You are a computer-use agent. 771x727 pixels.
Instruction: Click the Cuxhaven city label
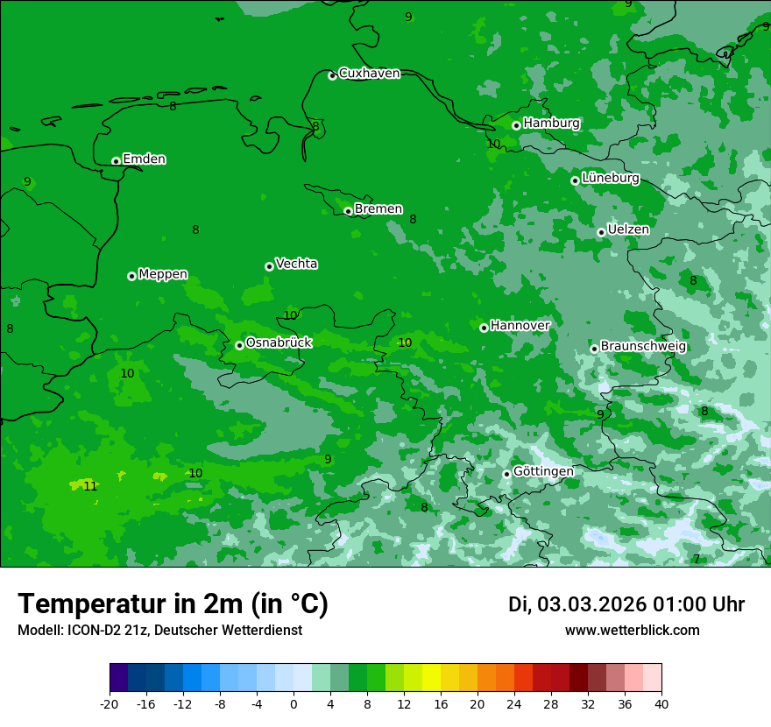tap(369, 74)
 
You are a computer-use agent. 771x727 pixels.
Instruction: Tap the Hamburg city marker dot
tap(517, 125)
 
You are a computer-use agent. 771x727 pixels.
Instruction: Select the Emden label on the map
tap(144, 159)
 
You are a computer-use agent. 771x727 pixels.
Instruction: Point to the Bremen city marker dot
tap(348, 211)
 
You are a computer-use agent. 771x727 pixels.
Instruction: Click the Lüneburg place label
tap(610, 178)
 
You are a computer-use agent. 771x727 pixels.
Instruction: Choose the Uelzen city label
tap(628, 229)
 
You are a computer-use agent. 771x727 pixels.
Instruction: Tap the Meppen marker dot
tap(131, 276)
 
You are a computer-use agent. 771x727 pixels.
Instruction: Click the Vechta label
tap(296, 264)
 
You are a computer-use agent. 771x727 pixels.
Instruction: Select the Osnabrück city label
tap(279, 342)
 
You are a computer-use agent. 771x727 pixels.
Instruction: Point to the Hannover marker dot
tap(484, 328)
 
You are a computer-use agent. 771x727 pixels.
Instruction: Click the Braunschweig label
tap(643, 346)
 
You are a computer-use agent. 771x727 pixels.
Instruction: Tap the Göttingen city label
tap(543, 471)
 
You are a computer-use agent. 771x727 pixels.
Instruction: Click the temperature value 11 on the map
tap(90, 486)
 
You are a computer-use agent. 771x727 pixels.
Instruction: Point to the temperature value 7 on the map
tap(697, 559)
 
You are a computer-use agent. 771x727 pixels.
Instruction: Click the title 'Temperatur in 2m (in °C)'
tap(173, 604)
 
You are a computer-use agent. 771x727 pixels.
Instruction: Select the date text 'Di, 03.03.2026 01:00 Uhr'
tap(626, 604)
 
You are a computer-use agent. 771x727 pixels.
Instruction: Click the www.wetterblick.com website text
tap(632, 631)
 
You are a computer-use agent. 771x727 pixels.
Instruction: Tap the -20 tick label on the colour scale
tap(110, 704)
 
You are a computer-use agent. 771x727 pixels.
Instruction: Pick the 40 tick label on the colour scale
tap(661, 704)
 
